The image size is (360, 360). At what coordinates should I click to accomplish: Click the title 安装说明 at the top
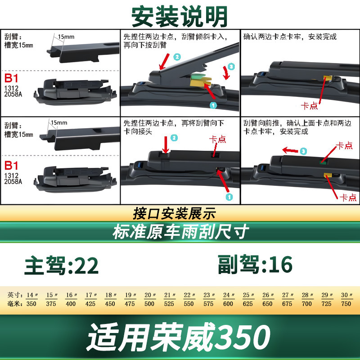(180, 17)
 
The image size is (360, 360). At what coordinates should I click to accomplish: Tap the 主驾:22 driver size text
(62, 265)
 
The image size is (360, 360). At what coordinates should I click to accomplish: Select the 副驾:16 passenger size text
(255, 265)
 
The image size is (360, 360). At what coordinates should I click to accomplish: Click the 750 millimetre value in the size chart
(346, 304)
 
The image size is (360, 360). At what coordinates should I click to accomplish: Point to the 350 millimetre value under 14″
(31, 304)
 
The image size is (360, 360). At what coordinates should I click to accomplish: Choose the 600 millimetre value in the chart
(228, 304)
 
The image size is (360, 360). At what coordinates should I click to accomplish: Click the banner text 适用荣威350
(179, 337)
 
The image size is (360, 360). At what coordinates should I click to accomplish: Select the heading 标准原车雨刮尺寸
(181, 232)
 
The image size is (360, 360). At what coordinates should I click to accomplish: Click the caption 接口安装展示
(174, 213)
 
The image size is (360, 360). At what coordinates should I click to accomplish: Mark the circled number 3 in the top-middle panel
(231, 67)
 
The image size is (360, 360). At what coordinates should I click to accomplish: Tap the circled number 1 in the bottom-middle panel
(229, 197)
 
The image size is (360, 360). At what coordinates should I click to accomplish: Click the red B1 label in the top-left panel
(11, 78)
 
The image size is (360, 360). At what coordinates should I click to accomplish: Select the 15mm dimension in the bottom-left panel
(59, 123)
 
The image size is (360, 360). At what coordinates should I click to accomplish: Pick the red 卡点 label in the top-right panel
(309, 106)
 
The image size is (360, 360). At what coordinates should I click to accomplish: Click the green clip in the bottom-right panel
(323, 162)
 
